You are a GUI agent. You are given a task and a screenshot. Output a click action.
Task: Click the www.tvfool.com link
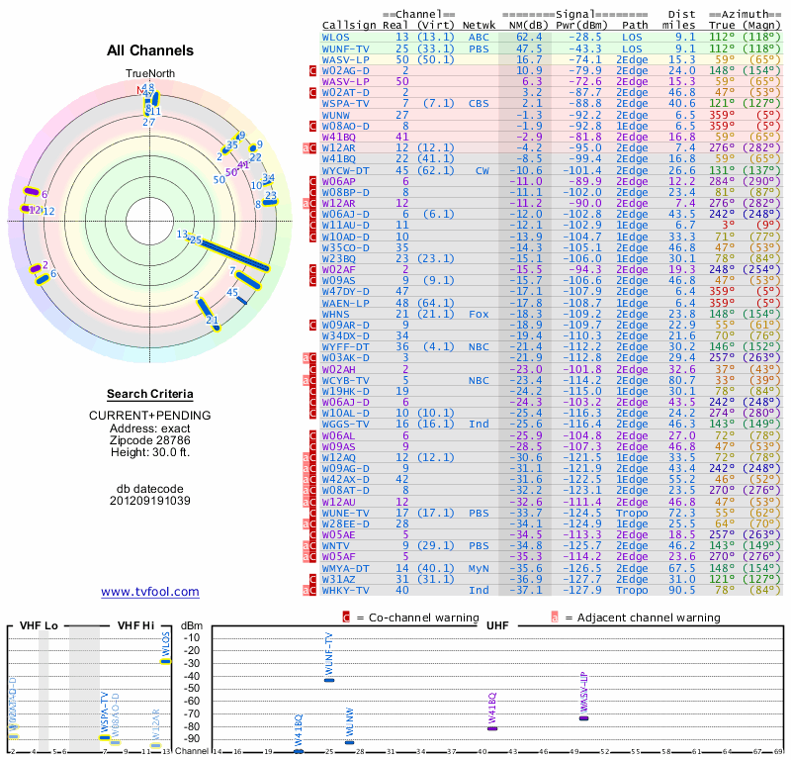(150, 592)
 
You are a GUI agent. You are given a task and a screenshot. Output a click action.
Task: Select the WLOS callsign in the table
(335, 37)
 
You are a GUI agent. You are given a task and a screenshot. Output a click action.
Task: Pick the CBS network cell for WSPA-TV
(478, 103)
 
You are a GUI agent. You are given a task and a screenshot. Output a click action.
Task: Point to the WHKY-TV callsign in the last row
(345, 590)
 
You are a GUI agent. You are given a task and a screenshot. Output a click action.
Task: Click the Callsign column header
(349, 25)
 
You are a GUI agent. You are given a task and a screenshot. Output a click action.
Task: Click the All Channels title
(150, 50)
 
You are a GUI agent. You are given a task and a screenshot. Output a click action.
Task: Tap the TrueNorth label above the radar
(149, 74)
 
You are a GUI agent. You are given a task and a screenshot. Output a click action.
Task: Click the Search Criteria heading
(150, 393)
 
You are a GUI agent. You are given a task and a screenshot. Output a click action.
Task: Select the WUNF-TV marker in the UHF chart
(329, 680)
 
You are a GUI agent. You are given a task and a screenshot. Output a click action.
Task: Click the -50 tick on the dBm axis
(191, 688)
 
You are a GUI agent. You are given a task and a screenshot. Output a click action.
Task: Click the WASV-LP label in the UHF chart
(583, 693)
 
